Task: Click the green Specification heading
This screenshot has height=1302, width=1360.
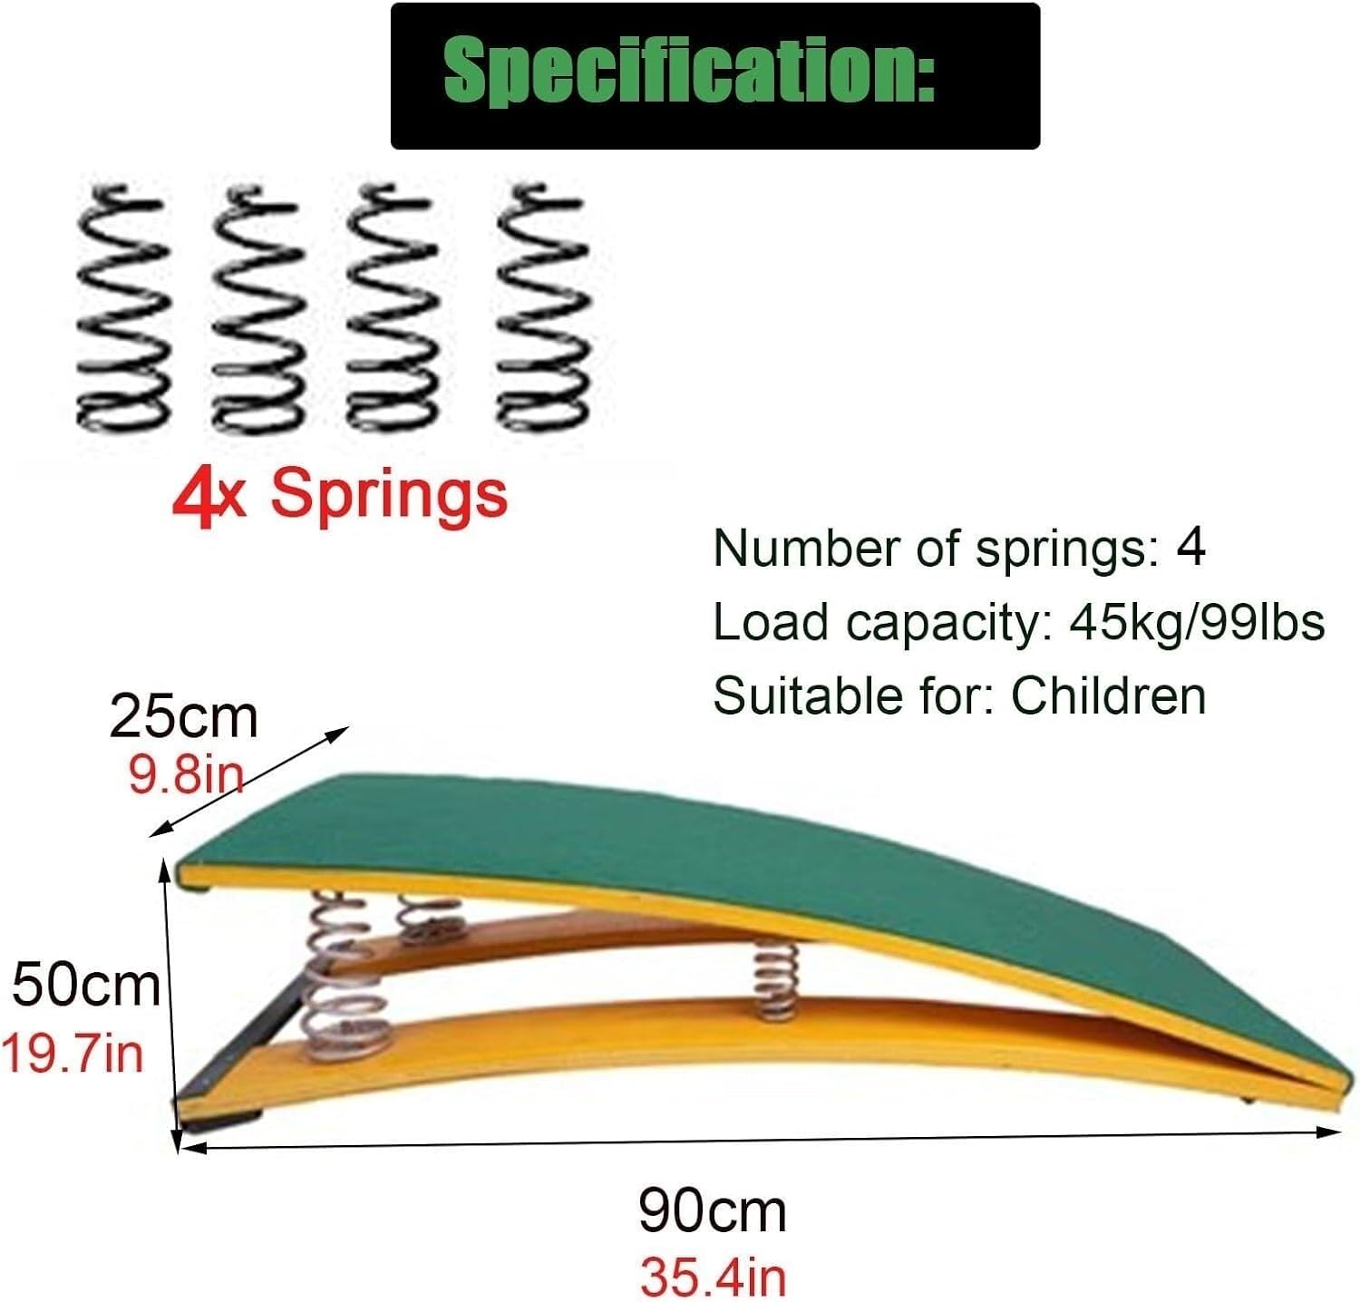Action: point(689,73)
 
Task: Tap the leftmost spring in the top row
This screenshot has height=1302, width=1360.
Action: point(122,308)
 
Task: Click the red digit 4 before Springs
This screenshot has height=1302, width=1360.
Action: point(194,497)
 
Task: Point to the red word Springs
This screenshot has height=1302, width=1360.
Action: point(390,495)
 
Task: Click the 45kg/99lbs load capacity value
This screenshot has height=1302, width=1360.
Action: point(1197,622)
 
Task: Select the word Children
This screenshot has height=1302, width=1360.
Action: point(1108,696)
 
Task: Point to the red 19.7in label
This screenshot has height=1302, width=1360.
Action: point(73,1054)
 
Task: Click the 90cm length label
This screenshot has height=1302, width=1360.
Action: point(713,1210)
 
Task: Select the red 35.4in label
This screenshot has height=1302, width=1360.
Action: point(713,1277)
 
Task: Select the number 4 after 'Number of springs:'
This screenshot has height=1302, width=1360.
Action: point(1190,548)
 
